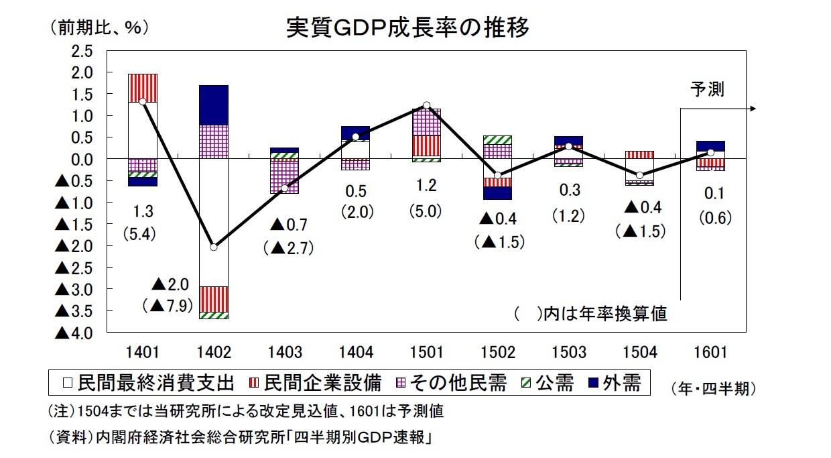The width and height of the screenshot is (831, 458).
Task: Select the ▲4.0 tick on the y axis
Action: [x=74, y=333]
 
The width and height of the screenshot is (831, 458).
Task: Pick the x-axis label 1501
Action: [x=426, y=353]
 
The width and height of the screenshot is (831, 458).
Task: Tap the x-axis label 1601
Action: [x=710, y=353]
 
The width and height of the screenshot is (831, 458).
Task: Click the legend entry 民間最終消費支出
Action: [x=149, y=383]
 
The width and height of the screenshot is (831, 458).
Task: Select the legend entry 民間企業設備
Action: [x=314, y=383]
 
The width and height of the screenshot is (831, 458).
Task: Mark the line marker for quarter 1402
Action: [x=213, y=247]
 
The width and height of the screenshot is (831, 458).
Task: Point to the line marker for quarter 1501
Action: [x=426, y=105]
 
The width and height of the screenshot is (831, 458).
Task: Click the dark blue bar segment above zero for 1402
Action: [x=213, y=105]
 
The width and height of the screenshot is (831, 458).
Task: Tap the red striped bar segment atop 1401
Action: [x=142, y=88]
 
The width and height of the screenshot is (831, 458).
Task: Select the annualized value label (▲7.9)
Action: [x=168, y=306]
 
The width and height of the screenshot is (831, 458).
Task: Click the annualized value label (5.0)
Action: [x=426, y=211]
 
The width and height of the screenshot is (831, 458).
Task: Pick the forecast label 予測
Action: [x=708, y=89]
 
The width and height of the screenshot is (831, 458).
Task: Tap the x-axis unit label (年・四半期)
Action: [x=713, y=388]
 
